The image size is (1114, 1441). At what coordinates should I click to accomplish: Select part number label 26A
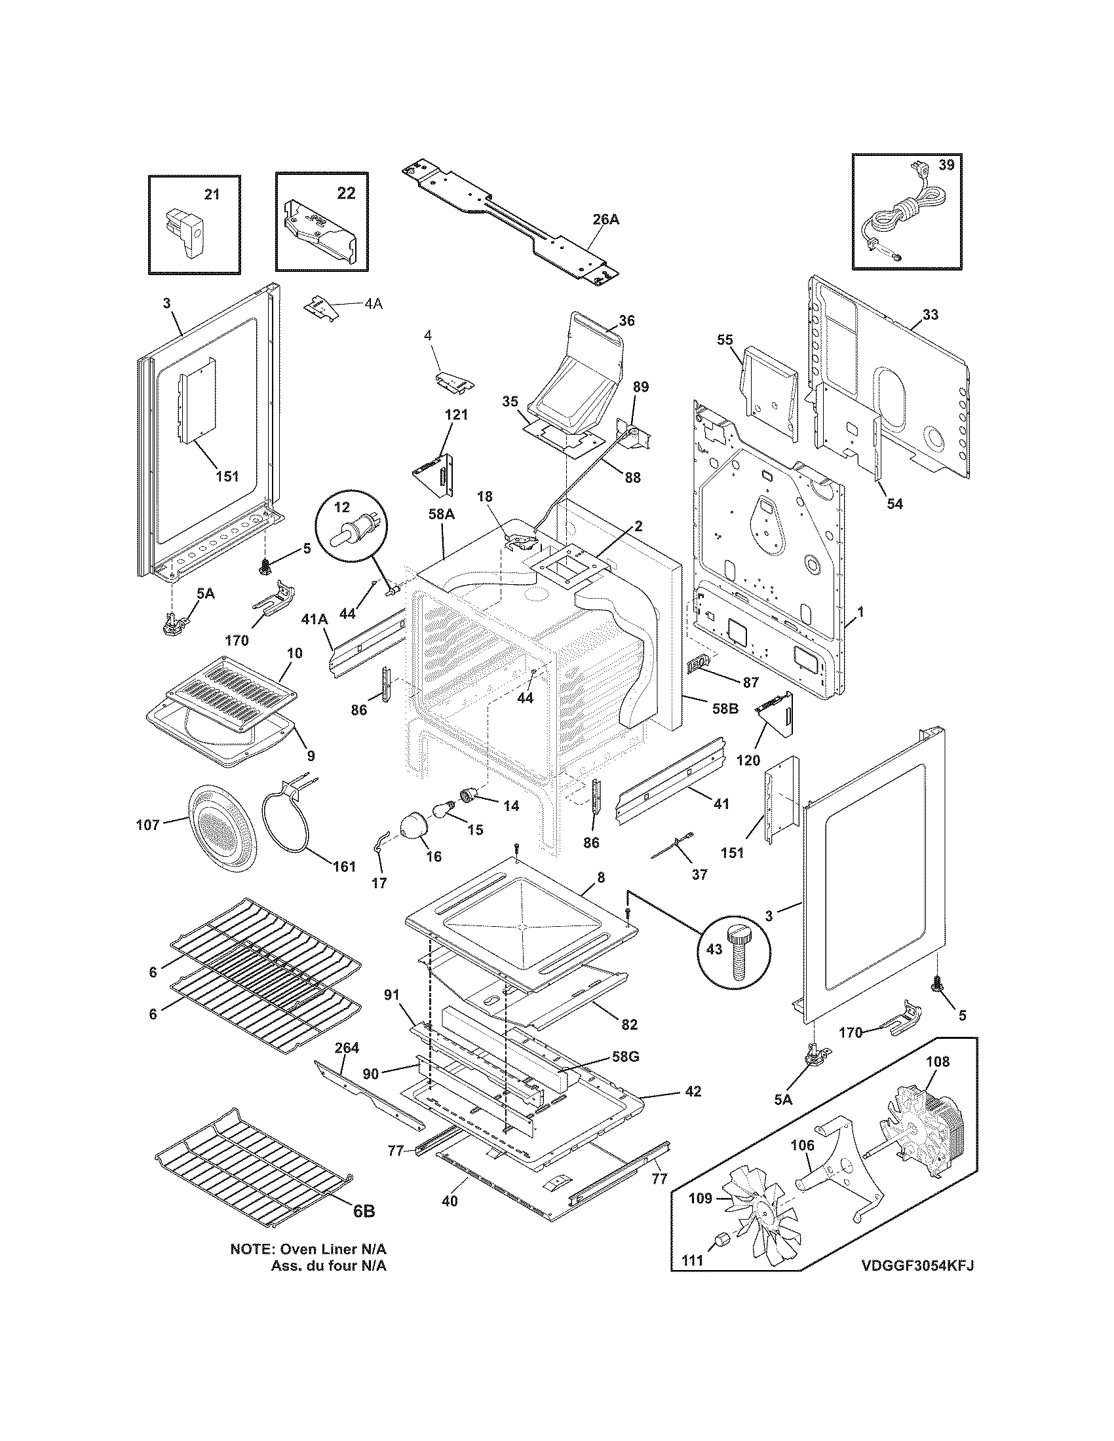[x=605, y=219]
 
